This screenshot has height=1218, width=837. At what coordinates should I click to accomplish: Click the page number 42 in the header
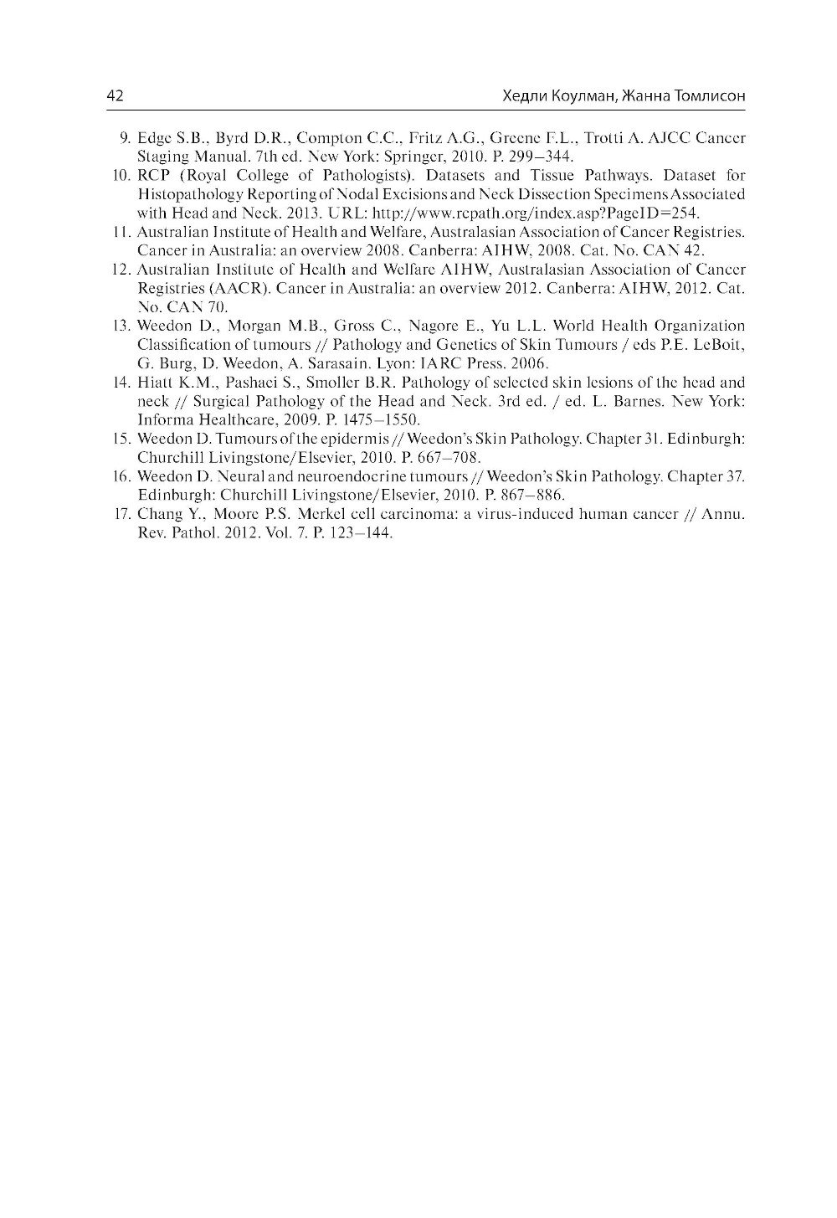(116, 96)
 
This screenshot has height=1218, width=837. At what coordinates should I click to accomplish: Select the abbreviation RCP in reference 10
(153, 176)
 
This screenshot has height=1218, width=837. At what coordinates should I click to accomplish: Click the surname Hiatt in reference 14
(154, 383)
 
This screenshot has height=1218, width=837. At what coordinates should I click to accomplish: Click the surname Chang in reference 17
(157, 514)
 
